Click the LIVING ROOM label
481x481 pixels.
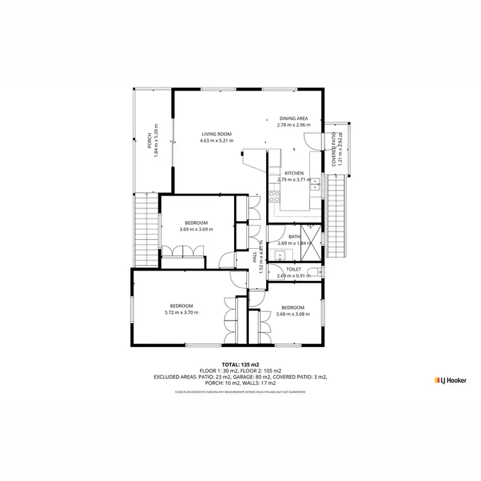click(216, 133)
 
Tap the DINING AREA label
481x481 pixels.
click(294, 119)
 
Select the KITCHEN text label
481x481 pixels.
click(294, 173)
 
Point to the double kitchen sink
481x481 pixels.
click(315, 185)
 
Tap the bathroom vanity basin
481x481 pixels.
click(280, 255)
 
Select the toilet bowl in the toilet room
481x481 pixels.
click(319, 273)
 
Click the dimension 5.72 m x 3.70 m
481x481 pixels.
click(181, 313)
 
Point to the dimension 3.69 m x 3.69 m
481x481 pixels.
click(196, 229)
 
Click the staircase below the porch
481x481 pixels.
click(147, 228)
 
